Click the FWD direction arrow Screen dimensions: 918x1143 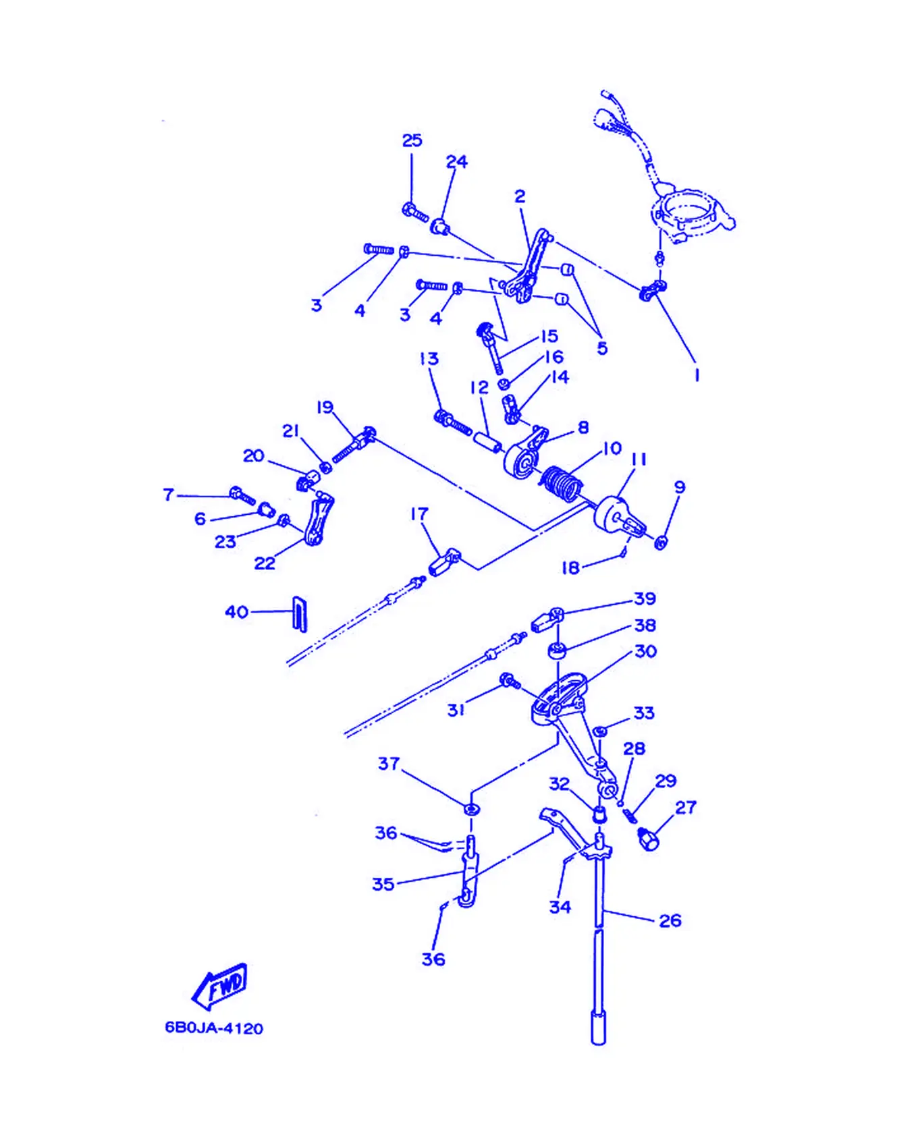pos(220,986)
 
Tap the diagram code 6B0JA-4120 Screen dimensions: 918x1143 pos(214,1028)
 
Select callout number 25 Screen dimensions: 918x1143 pos(412,140)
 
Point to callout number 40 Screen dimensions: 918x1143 pos(236,612)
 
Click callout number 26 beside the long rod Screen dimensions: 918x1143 pos(670,920)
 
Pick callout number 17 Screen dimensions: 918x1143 pos(419,514)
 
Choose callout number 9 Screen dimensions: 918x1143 pos(679,487)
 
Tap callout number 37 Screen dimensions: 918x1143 pos(389,764)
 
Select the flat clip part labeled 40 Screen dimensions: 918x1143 pos(299,613)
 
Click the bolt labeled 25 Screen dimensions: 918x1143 pos(415,213)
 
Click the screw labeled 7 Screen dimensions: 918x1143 pos(242,495)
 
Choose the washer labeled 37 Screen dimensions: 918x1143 pos(470,807)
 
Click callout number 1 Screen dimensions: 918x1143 pos(697,375)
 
